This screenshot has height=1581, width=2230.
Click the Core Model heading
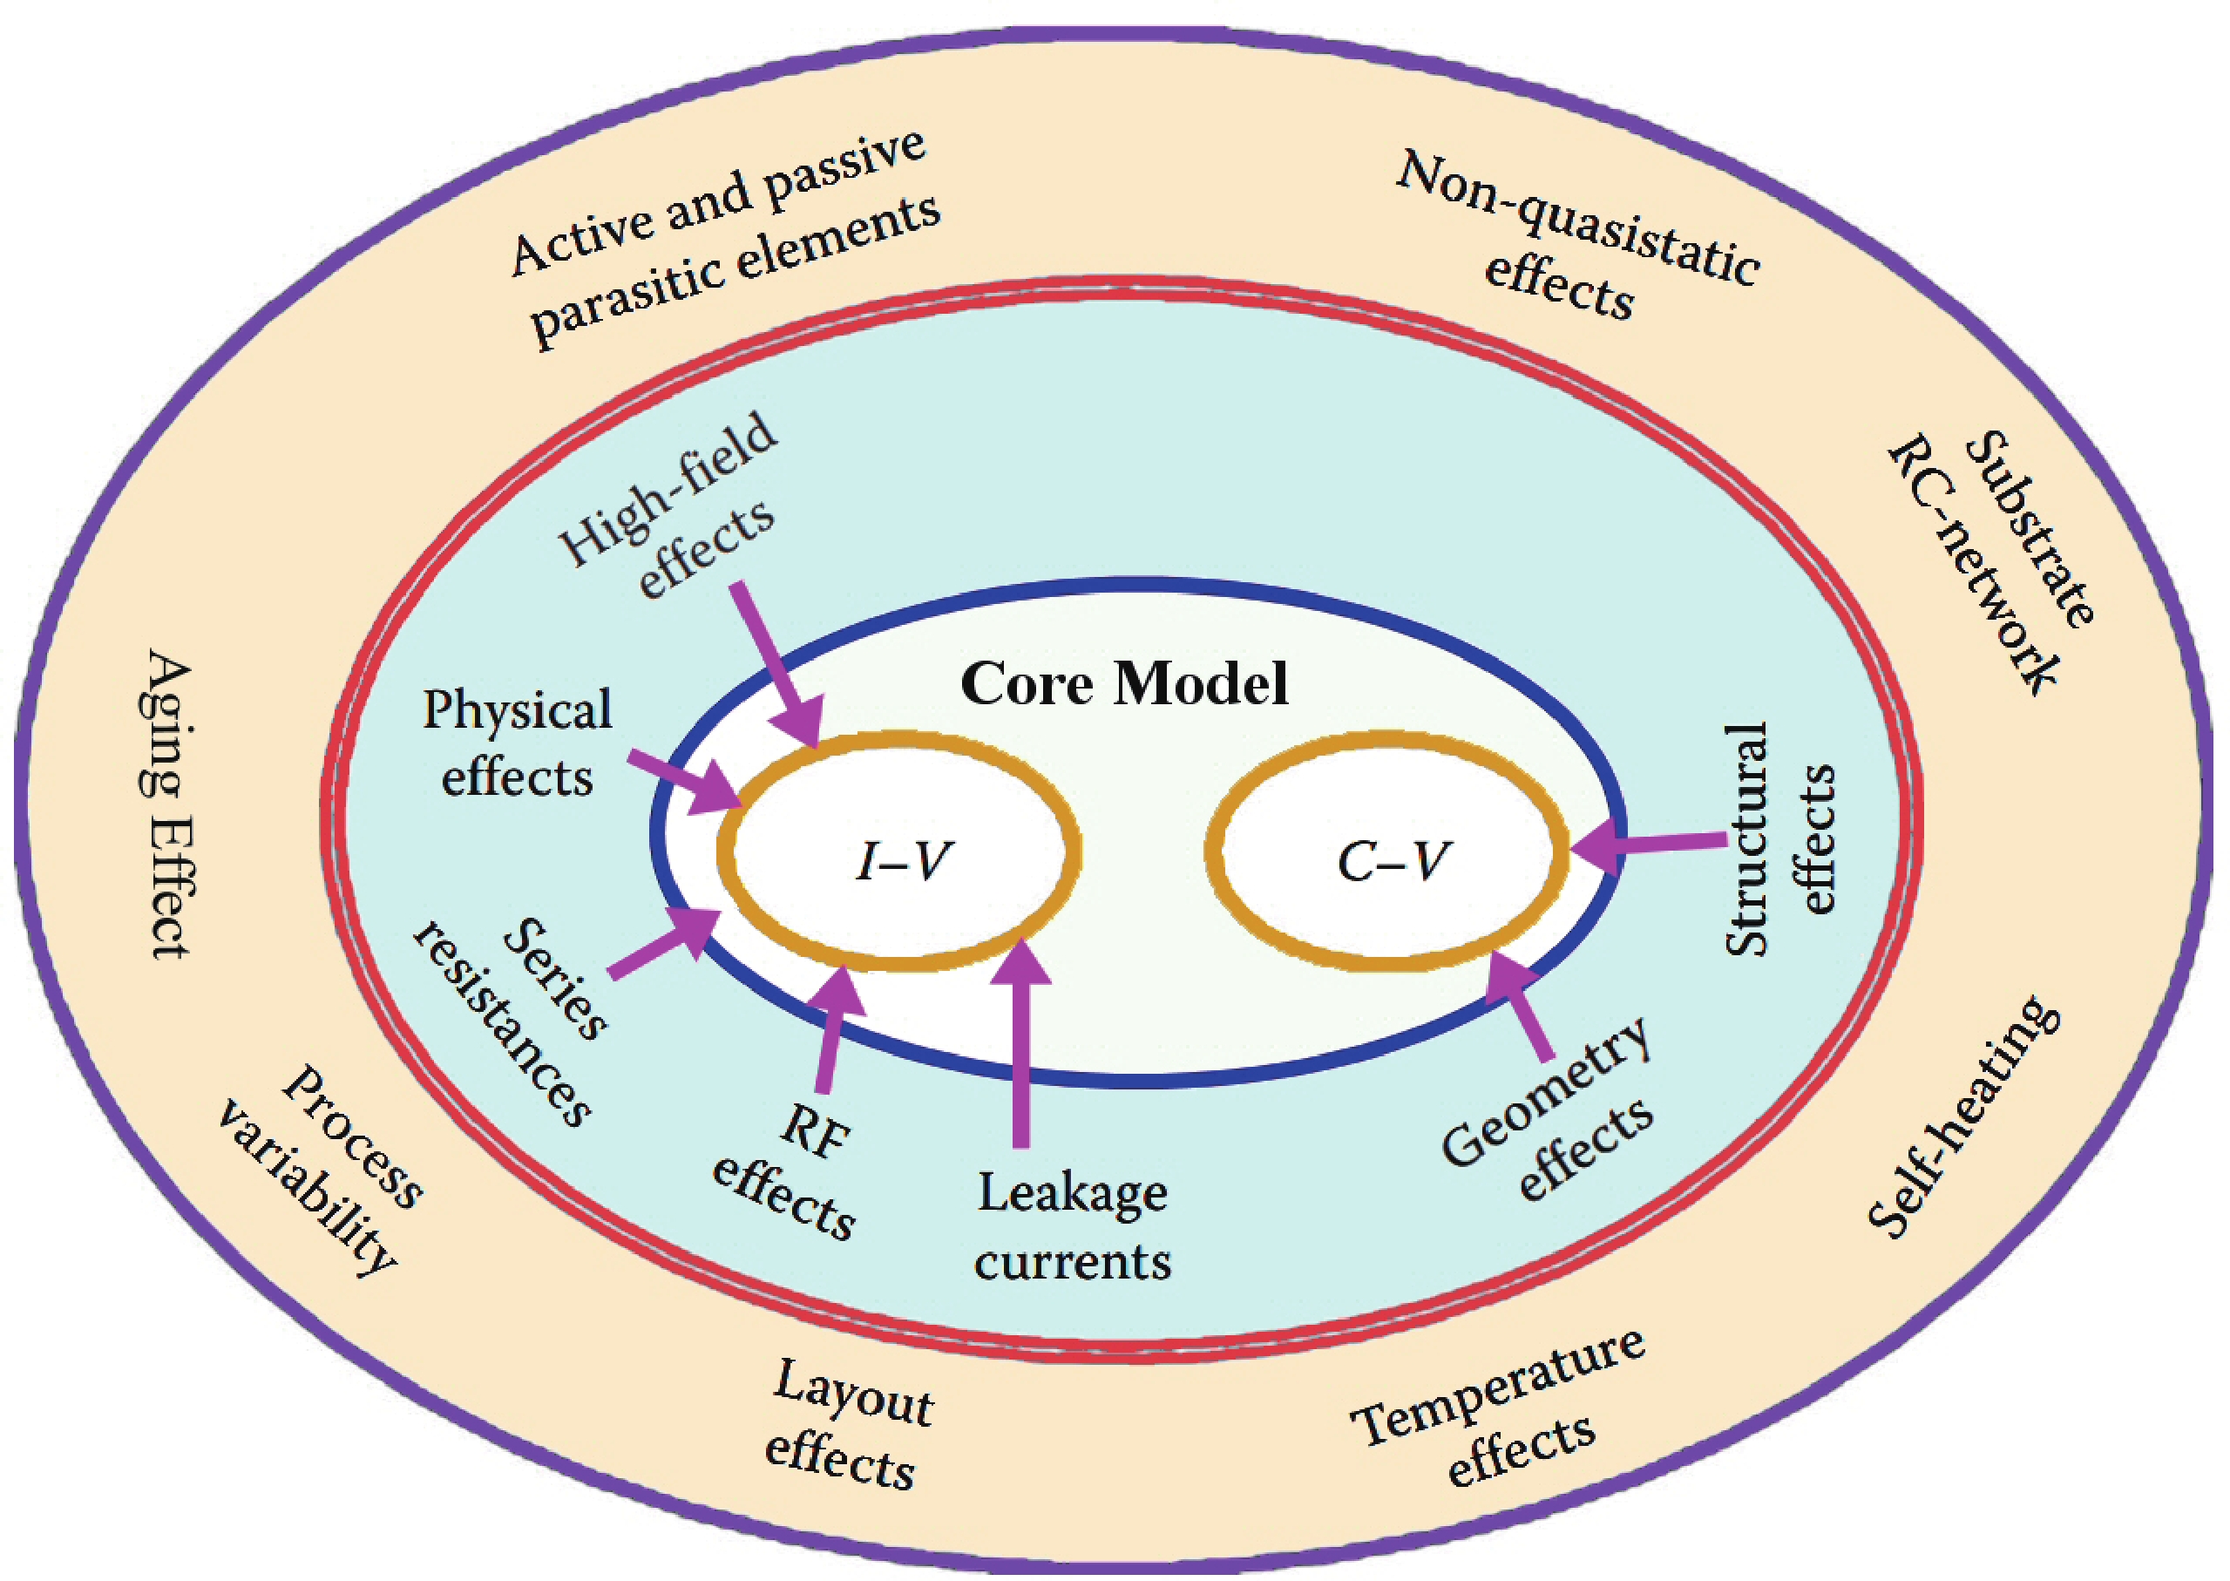tap(1124, 683)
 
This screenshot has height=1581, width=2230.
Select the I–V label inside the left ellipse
tap(904, 860)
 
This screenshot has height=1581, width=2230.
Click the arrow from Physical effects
tap(686, 782)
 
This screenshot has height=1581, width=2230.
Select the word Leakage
tap(1072, 1192)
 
